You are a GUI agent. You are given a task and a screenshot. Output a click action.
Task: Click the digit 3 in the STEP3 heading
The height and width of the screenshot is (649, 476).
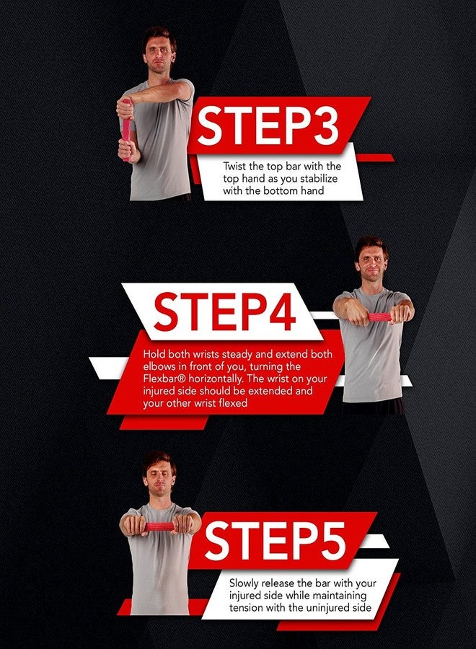click(324, 125)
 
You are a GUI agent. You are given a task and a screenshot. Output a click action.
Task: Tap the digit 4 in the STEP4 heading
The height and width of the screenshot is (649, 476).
click(281, 312)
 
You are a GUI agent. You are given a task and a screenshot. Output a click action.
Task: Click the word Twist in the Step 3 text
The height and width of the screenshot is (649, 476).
click(235, 167)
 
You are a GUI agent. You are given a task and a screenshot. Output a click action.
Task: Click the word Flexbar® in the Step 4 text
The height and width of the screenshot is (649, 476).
click(164, 379)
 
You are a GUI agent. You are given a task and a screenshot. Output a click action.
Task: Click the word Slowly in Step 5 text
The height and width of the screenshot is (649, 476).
click(243, 583)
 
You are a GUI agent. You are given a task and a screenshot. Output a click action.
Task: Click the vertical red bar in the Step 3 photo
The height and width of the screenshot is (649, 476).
click(126, 131)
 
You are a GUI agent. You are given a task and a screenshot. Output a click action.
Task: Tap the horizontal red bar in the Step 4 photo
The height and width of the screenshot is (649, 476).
click(379, 317)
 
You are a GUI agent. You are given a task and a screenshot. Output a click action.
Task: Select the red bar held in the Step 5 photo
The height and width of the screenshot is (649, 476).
click(160, 526)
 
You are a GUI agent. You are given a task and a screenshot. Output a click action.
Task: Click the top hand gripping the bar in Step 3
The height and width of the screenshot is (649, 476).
click(125, 108)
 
